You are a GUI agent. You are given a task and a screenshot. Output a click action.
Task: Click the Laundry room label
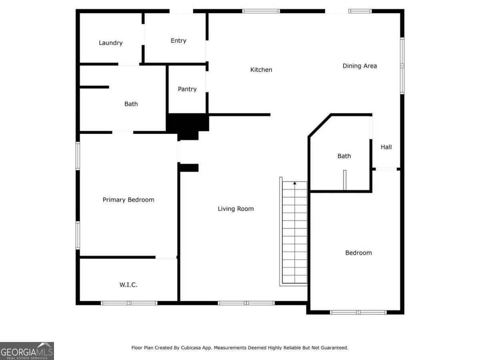pyautogui.click(x=110, y=43)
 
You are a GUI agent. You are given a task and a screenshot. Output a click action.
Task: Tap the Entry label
pyautogui.click(x=178, y=40)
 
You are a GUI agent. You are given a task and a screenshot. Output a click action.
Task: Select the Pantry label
pyautogui.click(x=187, y=89)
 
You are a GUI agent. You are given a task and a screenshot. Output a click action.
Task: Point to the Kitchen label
pyautogui.click(x=261, y=70)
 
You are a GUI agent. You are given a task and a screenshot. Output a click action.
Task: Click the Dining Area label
pyautogui.click(x=360, y=66)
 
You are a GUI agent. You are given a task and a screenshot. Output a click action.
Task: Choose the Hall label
pyautogui.click(x=386, y=147)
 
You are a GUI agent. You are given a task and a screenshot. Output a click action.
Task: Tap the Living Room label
pyautogui.click(x=236, y=208)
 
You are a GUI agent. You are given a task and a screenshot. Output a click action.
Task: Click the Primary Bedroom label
pyautogui.click(x=128, y=200)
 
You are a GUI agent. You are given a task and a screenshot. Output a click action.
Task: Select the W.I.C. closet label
pyautogui.click(x=128, y=285)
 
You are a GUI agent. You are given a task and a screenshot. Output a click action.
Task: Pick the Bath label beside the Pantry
pyautogui.click(x=131, y=104)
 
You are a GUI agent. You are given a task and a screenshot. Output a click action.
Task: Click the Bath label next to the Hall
pyautogui.click(x=344, y=156)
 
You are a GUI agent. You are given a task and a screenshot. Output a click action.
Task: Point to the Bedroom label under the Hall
pyautogui.click(x=358, y=252)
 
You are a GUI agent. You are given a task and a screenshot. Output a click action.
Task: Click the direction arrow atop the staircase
pyautogui.click(x=295, y=183)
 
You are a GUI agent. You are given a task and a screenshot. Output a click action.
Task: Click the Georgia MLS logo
pyautogui.click(x=27, y=351)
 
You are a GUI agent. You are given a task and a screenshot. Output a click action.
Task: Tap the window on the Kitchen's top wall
pyautogui.click(x=261, y=11)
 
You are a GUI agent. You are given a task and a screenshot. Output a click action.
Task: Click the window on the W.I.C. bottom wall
pyautogui.click(x=129, y=303)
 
